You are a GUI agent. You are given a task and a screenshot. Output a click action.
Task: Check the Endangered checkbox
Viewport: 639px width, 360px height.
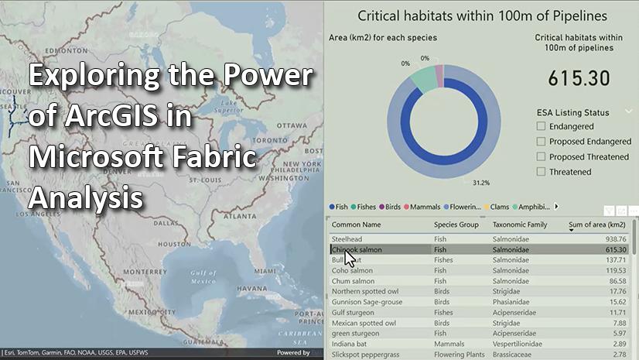pos(542,126)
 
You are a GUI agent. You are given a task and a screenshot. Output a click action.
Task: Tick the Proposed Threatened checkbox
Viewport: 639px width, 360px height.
pos(542,156)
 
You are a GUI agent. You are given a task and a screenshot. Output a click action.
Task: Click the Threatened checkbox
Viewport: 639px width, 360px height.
pos(542,172)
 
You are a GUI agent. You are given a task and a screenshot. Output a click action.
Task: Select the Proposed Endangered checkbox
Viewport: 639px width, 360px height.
pos(542,142)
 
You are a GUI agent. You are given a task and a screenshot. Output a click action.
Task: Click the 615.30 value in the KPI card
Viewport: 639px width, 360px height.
pos(579,77)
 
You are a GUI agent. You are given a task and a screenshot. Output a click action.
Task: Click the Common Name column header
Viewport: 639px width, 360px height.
pos(356,225)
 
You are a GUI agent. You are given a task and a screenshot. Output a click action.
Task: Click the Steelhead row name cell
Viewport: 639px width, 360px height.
pos(347,239)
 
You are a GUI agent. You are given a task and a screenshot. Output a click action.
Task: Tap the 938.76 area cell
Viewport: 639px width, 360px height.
pos(615,239)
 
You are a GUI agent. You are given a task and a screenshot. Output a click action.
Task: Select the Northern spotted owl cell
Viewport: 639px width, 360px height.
pos(364,292)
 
